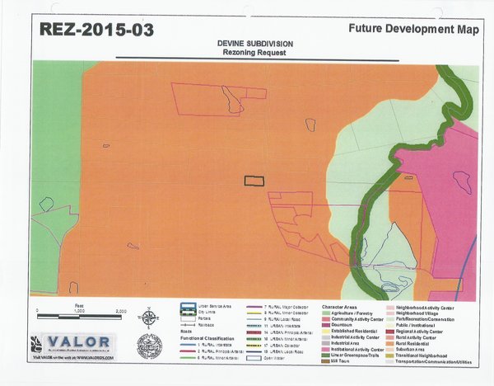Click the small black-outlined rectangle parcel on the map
click(x=254, y=181)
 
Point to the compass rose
click(x=149, y=318)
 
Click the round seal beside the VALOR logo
click(x=149, y=346)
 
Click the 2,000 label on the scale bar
click(x=120, y=310)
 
